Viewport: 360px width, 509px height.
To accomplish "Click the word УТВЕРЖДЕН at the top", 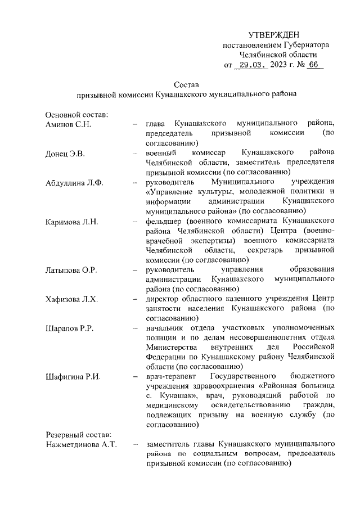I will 274,35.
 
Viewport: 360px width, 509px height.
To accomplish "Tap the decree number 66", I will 313,65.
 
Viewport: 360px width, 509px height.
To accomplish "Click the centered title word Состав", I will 186,84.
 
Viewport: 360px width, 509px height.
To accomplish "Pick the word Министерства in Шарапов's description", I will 171,347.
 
